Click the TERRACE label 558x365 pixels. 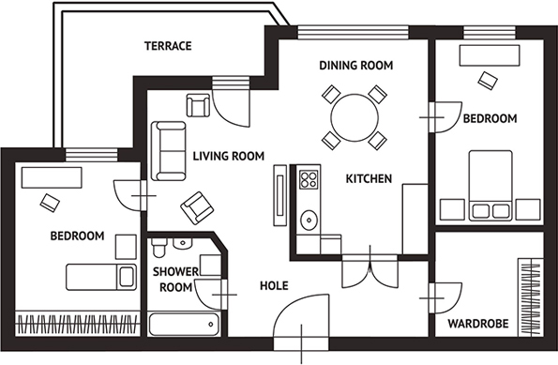(x=168, y=46)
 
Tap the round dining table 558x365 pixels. (x=354, y=117)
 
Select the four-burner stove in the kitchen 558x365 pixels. (x=309, y=179)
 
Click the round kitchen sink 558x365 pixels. (x=309, y=221)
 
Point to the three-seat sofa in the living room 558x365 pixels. (x=169, y=151)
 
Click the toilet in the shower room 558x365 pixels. (x=158, y=247)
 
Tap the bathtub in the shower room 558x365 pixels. (x=184, y=325)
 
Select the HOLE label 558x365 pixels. (x=274, y=285)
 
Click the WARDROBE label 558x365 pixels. (x=478, y=324)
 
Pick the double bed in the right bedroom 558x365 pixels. (x=490, y=186)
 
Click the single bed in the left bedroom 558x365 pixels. (x=101, y=277)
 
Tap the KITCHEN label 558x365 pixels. (x=369, y=178)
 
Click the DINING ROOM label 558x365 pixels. (x=355, y=66)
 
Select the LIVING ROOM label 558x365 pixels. (x=229, y=156)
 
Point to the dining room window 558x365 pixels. (x=353, y=33)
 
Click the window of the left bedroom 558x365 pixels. (x=92, y=155)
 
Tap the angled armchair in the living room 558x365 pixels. (x=197, y=208)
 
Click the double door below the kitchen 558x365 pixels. (x=370, y=270)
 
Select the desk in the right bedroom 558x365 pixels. (x=490, y=55)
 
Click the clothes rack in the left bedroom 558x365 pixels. (x=77, y=324)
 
